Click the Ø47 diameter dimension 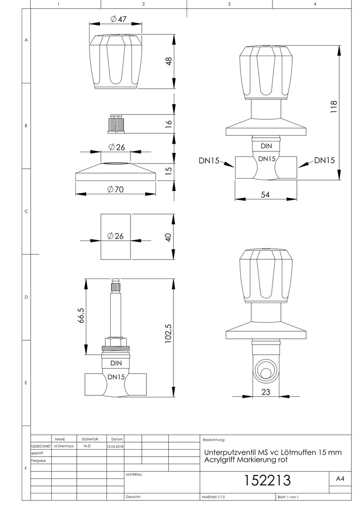(118, 19)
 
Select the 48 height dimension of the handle (169, 61)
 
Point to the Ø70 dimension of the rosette (116, 189)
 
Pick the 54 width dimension (266, 194)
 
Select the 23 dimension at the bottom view (266, 392)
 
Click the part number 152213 (268, 480)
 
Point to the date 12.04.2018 (115, 446)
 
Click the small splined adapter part (115, 124)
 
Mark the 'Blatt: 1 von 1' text (288, 497)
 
